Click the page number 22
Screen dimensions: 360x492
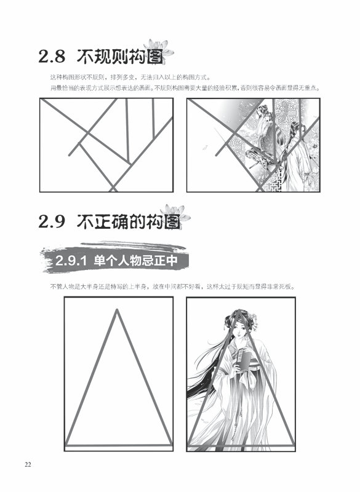point(28,465)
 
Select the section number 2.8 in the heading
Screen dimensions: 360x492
point(52,57)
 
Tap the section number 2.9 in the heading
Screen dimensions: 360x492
point(52,221)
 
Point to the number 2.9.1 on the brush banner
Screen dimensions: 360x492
point(71,261)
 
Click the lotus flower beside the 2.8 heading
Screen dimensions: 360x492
point(159,49)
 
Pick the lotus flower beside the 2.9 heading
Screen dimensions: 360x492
point(175,213)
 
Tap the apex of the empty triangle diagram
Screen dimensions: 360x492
point(117,310)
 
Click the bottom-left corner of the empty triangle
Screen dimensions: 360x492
point(66,445)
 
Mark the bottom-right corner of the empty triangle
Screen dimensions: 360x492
point(171,445)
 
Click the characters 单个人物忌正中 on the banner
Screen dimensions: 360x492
point(135,261)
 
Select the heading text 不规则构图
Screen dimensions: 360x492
point(120,57)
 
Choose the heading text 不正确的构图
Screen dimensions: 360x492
point(129,221)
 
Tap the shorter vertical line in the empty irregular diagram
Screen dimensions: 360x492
point(153,118)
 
